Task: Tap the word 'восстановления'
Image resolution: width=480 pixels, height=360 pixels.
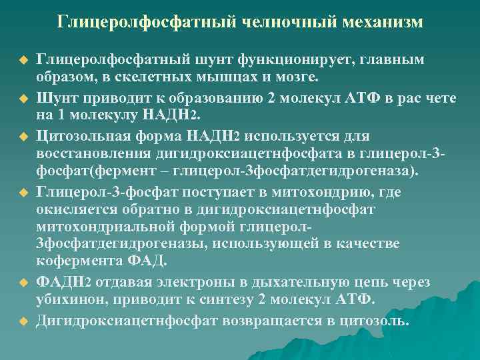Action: tap(95, 153)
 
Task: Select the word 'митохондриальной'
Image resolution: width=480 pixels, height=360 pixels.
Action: tap(110, 226)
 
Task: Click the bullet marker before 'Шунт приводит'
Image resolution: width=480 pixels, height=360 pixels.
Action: tap(25, 99)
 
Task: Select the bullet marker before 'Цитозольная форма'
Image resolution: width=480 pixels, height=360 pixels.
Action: tap(25, 137)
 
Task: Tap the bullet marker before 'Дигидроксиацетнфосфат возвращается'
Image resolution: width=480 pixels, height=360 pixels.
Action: tap(25, 321)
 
